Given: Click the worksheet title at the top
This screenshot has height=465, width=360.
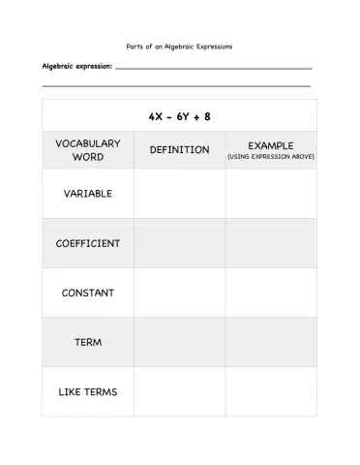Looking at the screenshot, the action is pos(180,46).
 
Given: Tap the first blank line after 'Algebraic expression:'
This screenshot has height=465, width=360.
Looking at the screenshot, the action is pos(214,69).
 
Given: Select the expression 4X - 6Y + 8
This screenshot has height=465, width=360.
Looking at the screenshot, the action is pos(180,116).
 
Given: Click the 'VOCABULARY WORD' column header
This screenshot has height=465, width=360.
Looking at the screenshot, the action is pos(88,149).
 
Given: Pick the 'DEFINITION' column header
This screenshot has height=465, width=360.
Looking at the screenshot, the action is pos(179,150).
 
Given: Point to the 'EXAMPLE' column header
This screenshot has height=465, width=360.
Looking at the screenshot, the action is pos(270,144).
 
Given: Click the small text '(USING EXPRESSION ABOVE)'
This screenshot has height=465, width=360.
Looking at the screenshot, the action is pos(270,157).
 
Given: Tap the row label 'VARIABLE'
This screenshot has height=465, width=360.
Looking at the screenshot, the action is pos(88,194).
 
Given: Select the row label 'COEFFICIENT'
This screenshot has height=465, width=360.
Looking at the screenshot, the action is pos(88,243).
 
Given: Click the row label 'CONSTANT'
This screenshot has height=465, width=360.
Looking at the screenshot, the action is pos(88,293).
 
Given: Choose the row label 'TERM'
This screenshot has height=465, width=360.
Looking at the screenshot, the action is pos(88,342).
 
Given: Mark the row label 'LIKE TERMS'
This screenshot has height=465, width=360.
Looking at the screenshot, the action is pos(88,391).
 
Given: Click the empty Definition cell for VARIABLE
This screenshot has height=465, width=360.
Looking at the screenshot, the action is pos(179,194).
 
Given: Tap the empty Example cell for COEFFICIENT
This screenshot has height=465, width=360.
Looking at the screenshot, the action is pos(270,243).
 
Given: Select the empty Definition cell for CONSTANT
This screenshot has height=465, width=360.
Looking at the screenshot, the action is pos(179,293).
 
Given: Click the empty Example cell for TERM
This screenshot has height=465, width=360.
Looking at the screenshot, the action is pos(270,342).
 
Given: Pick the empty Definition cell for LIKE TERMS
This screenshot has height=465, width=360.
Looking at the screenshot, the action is pos(179,391).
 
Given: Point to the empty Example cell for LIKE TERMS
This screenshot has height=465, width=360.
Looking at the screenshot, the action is pos(270,391).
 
